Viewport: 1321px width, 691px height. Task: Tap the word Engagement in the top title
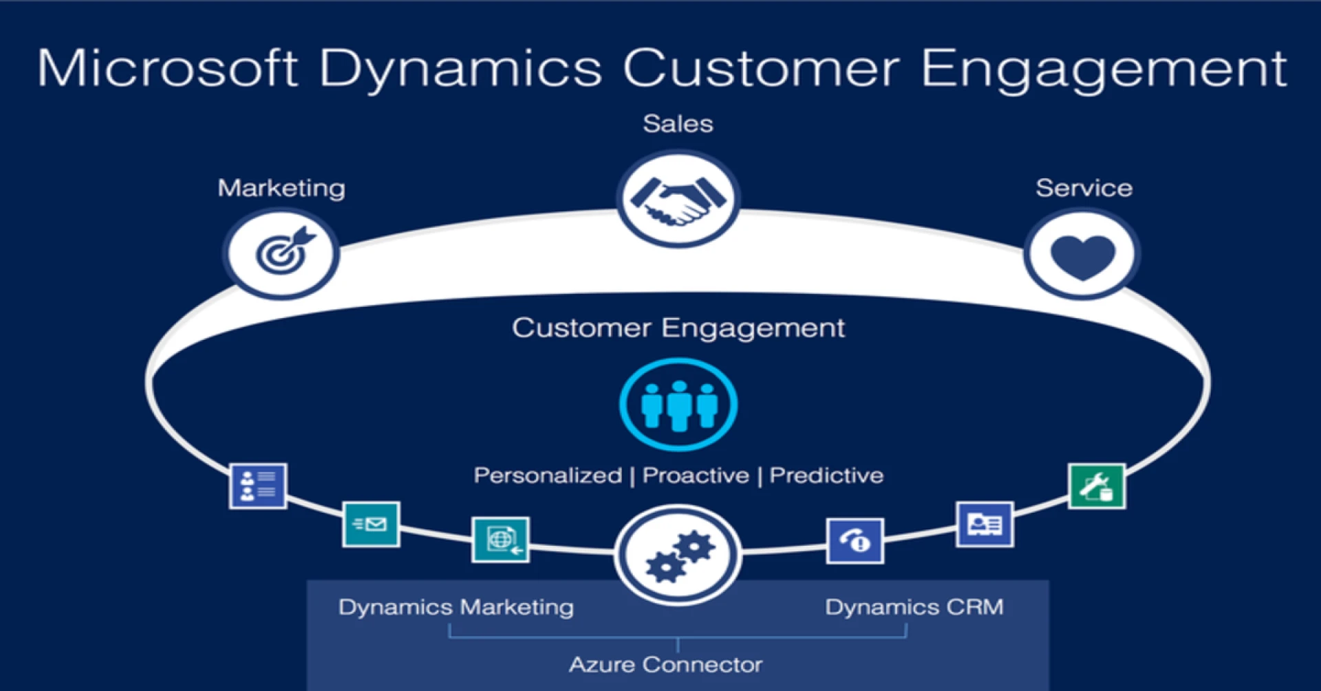1103,70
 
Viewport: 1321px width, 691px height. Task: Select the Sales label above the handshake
678,124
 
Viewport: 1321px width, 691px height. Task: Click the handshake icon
678,200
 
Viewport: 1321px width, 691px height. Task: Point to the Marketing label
281,188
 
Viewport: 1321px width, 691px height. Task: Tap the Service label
1084,188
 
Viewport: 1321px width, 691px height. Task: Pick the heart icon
1082,255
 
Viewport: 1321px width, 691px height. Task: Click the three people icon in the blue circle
678,405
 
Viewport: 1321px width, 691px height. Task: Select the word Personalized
548,476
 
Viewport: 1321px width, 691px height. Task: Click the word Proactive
696,476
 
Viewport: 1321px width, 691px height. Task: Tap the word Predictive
826,476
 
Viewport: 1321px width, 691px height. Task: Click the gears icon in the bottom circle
678,555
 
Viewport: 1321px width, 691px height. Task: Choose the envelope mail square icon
371,524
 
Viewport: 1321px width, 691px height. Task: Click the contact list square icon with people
257,486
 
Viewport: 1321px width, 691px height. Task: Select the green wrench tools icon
1097,486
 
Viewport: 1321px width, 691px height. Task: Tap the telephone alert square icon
855,541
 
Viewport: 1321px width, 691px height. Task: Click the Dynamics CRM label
914,607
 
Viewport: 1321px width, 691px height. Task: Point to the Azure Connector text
665,665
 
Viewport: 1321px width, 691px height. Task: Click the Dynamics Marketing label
455,607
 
